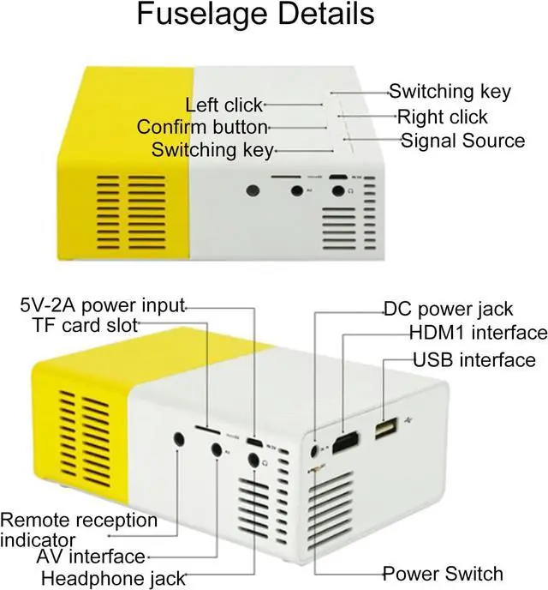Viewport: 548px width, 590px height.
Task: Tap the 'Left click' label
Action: [x=224, y=105]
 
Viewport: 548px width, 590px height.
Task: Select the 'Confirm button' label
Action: [x=203, y=128]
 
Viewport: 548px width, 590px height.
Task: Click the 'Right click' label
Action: [x=454, y=117]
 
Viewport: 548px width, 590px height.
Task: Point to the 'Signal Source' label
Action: [x=462, y=141]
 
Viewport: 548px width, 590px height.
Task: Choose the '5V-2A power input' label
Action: [x=103, y=305]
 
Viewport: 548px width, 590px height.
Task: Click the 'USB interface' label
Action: [x=474, y=359]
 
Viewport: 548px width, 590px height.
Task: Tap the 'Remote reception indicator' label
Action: [x=78, y=529]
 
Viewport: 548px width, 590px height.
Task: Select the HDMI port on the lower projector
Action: [x=346, y=443]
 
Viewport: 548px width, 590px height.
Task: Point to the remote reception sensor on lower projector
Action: [x=178, y=439]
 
